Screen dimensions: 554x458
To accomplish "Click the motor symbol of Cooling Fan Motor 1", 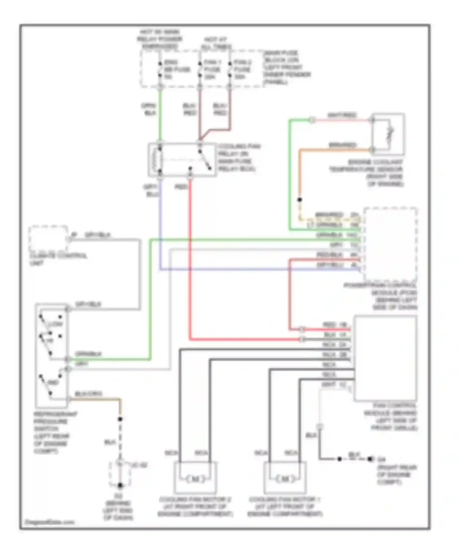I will [285, 479].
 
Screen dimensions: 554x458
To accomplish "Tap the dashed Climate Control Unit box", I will [48, 239].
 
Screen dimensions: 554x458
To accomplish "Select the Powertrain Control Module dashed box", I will [390, 244].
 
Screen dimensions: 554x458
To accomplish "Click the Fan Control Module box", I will [385, 358].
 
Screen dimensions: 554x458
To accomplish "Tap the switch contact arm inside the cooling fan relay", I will [205, 160].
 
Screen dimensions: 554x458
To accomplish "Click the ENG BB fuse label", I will [176, 69].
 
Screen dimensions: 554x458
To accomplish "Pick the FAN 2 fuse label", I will [242, 69].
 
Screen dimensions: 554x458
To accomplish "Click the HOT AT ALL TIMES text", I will [216, 43].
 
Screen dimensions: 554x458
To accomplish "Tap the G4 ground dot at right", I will [370, 459].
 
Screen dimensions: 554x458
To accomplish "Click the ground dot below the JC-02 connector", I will [120, 485].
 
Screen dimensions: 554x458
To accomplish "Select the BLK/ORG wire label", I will [88, 394].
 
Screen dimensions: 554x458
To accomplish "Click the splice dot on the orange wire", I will [300, 200].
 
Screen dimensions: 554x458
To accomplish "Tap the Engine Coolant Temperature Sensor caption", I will [366, 173].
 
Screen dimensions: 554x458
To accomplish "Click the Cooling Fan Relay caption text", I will [238, 158].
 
